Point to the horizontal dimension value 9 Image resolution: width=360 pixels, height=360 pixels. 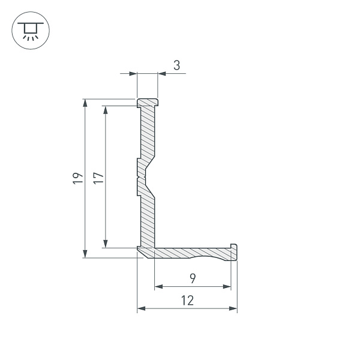tap(191, 278)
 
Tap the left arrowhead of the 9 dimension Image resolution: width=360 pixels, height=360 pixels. tap(158, 287)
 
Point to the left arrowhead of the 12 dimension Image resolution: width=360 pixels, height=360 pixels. tap(141, 308)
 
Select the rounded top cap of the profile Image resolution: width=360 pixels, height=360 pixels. tap(148, 103)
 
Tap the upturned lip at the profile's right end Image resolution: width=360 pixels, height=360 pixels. tap(234, 250)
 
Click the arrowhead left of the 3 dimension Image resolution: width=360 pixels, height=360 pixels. tap(134, 74)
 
